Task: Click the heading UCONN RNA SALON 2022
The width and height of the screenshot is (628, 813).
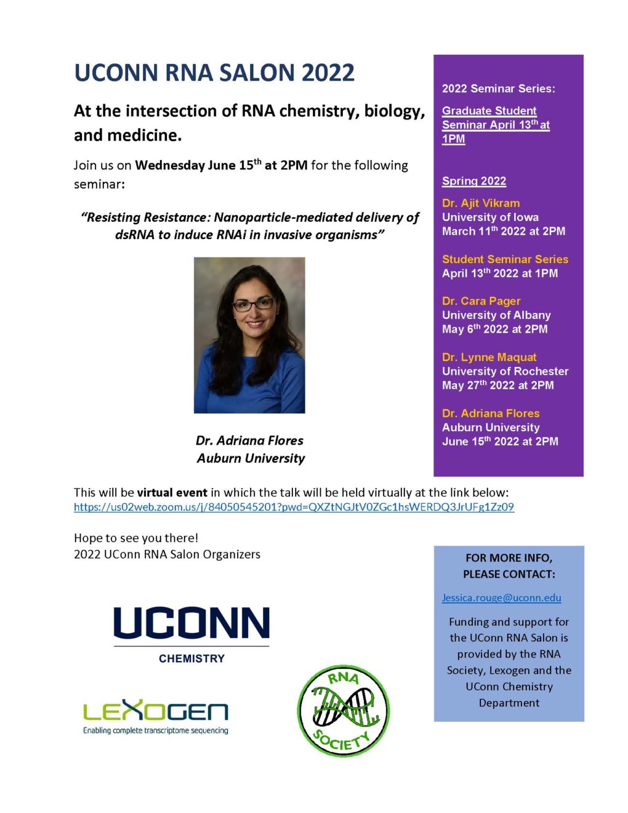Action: [214, 73]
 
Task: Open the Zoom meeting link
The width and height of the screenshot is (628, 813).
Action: [294, 507]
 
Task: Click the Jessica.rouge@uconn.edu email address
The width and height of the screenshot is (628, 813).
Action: [501, 597]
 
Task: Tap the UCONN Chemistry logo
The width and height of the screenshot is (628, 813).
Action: [191, 633]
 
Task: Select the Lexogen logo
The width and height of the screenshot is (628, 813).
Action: [156, 716]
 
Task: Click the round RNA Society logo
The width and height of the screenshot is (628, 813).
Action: [343, 711]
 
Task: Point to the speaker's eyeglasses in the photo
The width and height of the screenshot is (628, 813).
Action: [253, 304]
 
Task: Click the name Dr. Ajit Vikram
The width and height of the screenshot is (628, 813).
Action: [481, 203]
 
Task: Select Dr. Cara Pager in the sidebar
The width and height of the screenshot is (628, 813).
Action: [481, 301]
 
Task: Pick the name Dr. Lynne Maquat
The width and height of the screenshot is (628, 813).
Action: [489, 357]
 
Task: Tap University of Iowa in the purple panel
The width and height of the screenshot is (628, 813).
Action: [490, 217]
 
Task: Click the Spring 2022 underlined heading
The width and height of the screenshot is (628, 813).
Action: [473, 181]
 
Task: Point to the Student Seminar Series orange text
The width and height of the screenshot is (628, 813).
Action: [505, 259]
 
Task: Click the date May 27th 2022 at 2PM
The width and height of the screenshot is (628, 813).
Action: [497, 386]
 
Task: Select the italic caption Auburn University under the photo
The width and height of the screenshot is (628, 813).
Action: [251, 458]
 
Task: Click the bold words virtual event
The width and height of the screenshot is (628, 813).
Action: [172, 492]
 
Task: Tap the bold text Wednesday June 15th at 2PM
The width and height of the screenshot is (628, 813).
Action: [221, 165]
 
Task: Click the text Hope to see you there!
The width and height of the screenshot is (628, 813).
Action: [136, 538]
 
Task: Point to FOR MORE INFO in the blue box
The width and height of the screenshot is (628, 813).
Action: [509, 558]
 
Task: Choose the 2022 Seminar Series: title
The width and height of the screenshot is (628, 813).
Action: [498, 89]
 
